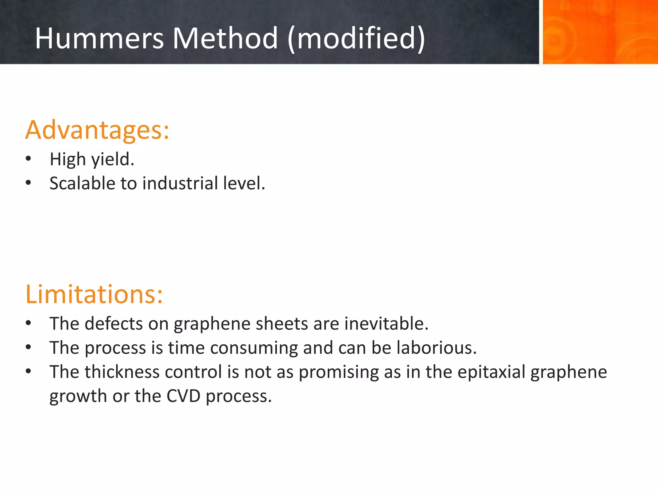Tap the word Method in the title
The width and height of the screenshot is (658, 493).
click(225, 38)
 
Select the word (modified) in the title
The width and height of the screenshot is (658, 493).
click(356, 39)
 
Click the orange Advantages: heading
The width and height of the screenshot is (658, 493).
click(97, 130)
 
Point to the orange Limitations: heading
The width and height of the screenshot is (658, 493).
click(94, 294)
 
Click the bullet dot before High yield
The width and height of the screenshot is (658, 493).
click(28, 159)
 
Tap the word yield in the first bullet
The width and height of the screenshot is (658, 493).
click(112, 160)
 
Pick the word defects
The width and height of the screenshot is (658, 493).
click(114, 323)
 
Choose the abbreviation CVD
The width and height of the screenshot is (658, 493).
click(183, 396)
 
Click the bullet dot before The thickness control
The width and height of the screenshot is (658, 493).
click(28, 371)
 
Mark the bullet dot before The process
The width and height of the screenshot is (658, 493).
click(28, 347)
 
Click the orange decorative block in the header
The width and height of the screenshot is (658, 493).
click(600, 32)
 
